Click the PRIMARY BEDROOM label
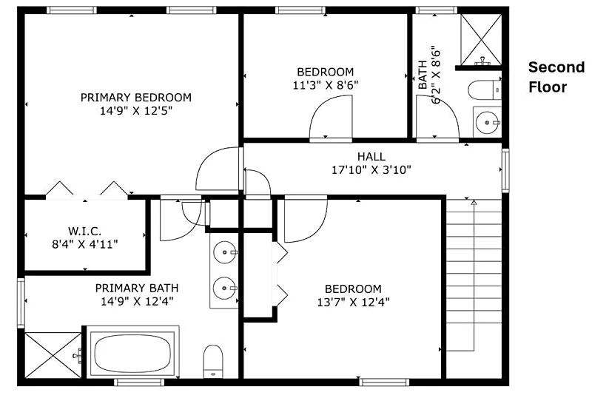[136, 98]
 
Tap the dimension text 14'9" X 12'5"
[136, 111]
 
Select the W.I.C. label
[84, 231]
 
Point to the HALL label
[371, 156]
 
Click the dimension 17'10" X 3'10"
[371, 170]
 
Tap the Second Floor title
[556, 77]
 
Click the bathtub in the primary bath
[132, 352]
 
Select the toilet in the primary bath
[213, 361]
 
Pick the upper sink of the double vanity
[225, 252]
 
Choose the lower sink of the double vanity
[225, 288]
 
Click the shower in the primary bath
[53, 355]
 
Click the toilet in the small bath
[485, 90]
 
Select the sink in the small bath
[488, 122]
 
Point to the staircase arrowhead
[474, 203]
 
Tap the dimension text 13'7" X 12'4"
[354, 303]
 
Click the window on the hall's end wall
[505, 170]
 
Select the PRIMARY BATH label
[137, 288]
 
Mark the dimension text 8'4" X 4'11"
[85, 244]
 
